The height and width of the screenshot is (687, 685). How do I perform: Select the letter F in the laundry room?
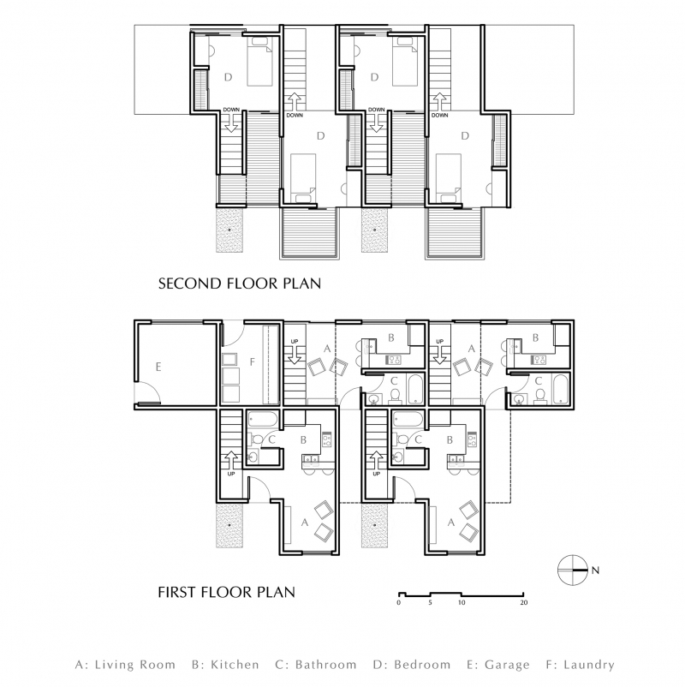point(253,363)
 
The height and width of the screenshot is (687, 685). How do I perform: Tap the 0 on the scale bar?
point(399,604)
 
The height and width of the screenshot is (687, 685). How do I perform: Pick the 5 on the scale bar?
point(430,604)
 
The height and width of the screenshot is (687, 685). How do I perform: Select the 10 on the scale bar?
point(461,604)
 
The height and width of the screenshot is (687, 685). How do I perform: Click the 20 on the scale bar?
point(523,604)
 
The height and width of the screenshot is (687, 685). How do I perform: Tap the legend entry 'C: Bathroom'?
point(315,664)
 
